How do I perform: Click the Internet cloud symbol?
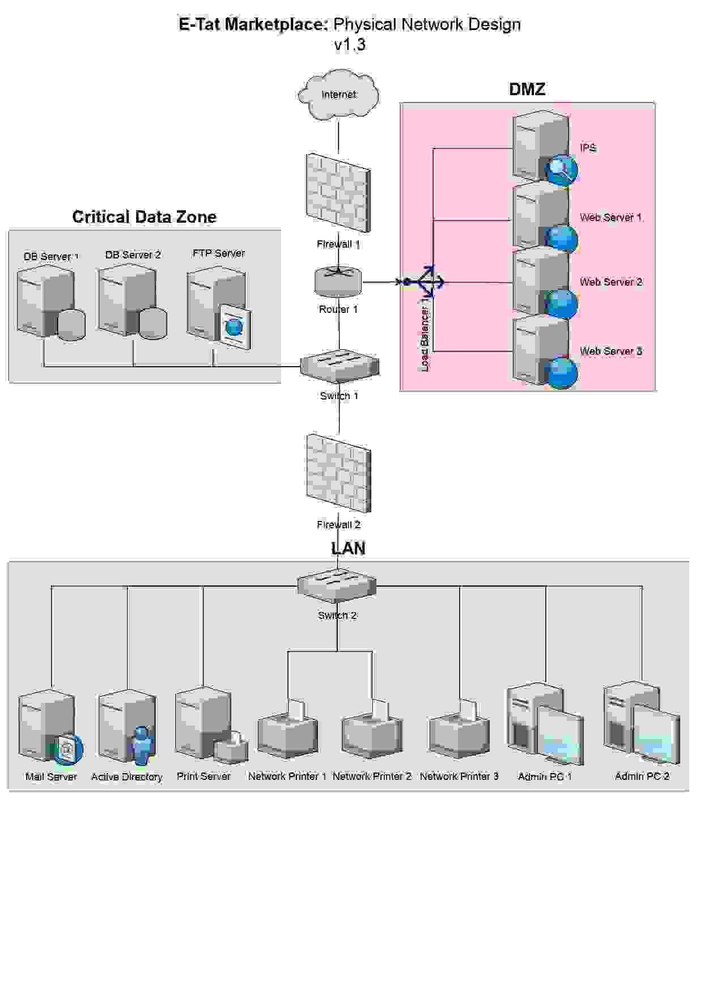click(338, 95)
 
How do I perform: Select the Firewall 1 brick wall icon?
click(338, 193)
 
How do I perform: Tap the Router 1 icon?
click(338, 282)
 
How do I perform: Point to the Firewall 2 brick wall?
click(338, 474)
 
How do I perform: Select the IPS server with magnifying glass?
click(543, 149)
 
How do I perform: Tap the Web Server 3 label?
click(610, 351)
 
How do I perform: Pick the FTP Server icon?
click(218, 306)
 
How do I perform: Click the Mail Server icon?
click(50, 727)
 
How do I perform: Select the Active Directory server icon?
click(127, 727)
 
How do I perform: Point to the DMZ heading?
click(527, 90)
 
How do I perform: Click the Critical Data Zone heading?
click(144, 217)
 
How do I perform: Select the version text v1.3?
click(350, 45)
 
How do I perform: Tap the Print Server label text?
click(203, 777)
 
